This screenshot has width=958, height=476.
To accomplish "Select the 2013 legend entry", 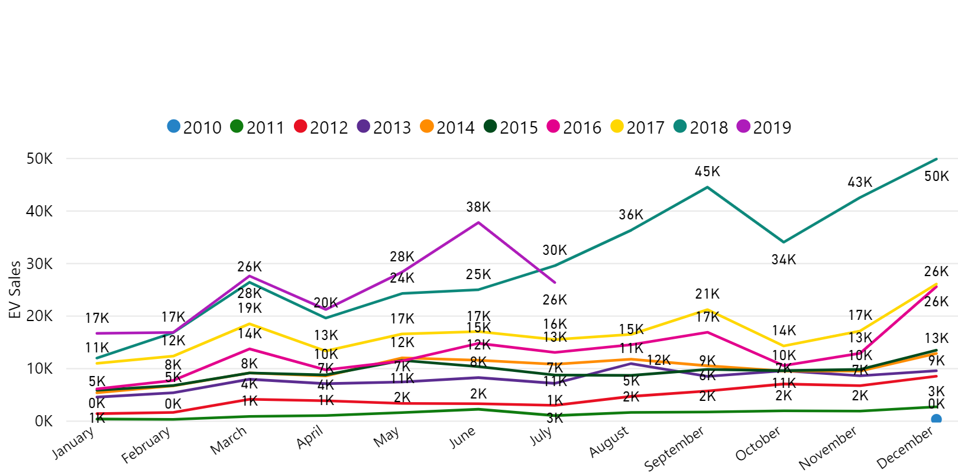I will tap(384, 127).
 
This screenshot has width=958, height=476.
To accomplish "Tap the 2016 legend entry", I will tap(574, 127).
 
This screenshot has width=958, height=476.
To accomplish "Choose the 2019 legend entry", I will tap(763, 127).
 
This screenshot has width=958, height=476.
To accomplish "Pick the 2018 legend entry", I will tap(700, 127).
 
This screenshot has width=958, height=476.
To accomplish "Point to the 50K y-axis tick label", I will tap(39, 159).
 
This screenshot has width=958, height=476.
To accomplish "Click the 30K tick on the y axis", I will tap(39, 264).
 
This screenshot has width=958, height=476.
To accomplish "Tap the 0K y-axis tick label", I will tap(43, 422).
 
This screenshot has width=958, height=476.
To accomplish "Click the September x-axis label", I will tap(674, 449).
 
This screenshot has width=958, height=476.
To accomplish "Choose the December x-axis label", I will tap(905, 448).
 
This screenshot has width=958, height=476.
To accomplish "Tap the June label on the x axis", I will tap(462, 438).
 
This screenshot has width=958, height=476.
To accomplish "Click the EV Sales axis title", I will tap(15, 290).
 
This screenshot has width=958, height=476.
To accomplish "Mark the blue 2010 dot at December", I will tap(936, 419).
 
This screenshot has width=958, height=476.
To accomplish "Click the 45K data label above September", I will tap(707, 171).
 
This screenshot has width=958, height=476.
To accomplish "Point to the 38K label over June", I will tap(478, 207).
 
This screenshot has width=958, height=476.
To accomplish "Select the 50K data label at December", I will tap(937, 176).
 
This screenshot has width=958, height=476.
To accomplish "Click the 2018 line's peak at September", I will tap(707, 187).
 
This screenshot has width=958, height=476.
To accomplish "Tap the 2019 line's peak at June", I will tap(478, 222).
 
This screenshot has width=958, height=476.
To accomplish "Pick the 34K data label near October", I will tap(784, 260).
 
